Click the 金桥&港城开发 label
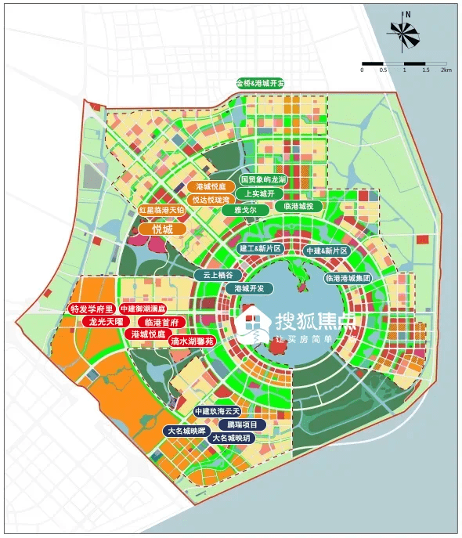tap(260, 82)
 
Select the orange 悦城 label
tap(162, 229)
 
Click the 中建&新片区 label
tap(327, 251)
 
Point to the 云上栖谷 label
tap(218, 275)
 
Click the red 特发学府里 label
tap(92, 309)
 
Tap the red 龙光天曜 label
tap(103, 321)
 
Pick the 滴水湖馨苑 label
tap(192, 341)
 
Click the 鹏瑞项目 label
tap(242, 424)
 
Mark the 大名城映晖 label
tap(186, 431)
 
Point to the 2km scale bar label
tap(446, 70)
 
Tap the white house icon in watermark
tap(253, 324)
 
